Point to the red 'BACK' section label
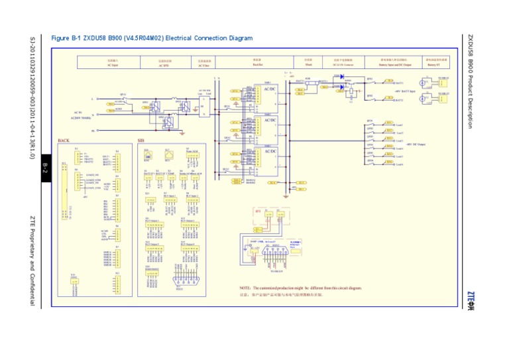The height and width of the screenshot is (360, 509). [64, 141]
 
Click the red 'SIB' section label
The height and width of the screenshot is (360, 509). [141, 141]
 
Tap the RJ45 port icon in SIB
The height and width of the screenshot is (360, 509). [148, 155]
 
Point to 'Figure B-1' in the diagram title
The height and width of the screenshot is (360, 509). [66, 38]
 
